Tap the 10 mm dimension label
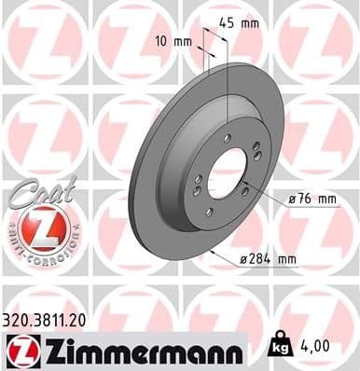pyautogui.click(x=174, y=42)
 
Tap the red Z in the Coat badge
pyautogui.click(x=33, y=227)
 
